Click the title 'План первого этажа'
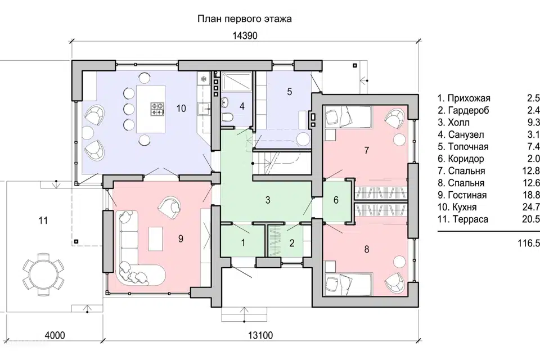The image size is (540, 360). point(245,19)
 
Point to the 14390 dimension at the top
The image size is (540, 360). point(245,36)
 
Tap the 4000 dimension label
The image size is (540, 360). point(55,335)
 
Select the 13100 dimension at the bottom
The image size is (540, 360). point(260,335)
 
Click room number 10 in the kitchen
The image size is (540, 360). point(181,109)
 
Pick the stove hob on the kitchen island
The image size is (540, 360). point(157,109)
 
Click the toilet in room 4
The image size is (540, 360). point(227,118)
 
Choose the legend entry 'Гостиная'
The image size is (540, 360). point(467,195)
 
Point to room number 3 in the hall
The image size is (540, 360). point(268,200)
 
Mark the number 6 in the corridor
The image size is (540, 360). point(336,200)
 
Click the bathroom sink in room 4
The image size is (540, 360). point(224,102)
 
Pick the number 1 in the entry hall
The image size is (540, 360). point(243,243)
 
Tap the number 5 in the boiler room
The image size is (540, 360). point(289,92)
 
